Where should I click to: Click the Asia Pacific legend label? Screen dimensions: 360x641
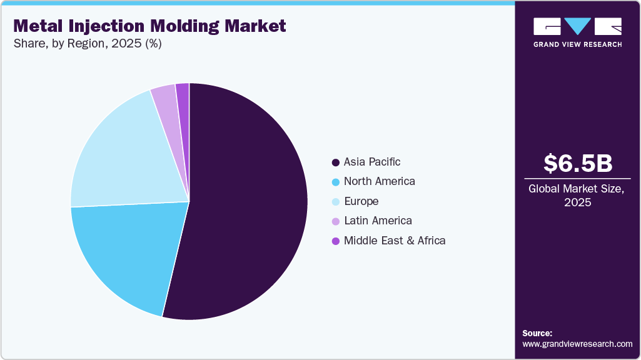372,162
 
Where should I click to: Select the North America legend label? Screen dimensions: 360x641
379,181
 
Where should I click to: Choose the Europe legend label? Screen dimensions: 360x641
361,201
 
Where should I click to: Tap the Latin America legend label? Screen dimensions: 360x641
378,221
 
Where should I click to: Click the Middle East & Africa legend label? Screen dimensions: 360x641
395,241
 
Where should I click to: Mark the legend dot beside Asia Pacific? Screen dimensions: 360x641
336,162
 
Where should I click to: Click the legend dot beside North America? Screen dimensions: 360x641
336,182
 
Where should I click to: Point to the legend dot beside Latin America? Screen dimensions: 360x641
336,221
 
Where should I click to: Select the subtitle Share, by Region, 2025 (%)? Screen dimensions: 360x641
87,44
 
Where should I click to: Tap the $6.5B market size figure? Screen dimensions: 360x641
577,163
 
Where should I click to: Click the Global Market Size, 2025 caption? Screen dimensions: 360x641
577,195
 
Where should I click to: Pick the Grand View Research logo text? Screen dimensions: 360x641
577,44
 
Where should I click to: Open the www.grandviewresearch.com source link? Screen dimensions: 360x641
577,344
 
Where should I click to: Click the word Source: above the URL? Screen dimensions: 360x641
537,333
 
